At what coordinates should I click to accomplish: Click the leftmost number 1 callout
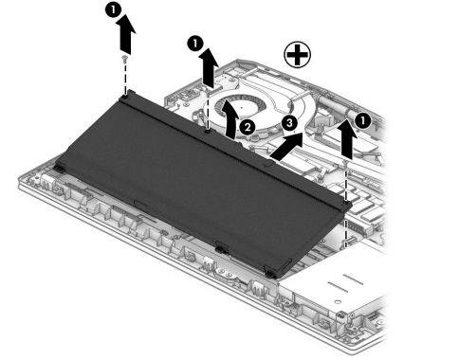pos(113,10)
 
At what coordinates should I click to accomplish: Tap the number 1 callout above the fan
pos(195,44)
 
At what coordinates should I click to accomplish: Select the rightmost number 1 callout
pos(362,121)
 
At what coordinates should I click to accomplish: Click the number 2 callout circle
pos(247,127)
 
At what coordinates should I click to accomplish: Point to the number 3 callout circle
pos(289,123)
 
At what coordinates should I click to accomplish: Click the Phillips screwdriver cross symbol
pos(297,54)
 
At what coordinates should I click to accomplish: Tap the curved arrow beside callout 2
pos(231,120)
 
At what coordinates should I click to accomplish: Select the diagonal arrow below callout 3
pos(287,146)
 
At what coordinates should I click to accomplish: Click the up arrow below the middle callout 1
pos(210,68)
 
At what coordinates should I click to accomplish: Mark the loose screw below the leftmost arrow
pos(125,58)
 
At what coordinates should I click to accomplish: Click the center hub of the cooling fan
pos(242,107)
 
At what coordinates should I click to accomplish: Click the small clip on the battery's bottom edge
pos(222,248)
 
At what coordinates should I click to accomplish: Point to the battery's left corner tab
pos(60,168)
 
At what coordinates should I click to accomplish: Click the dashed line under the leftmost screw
pos(125,78)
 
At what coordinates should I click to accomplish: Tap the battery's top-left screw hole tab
pos(127,95)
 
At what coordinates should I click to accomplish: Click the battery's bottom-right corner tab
pos(270,274)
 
